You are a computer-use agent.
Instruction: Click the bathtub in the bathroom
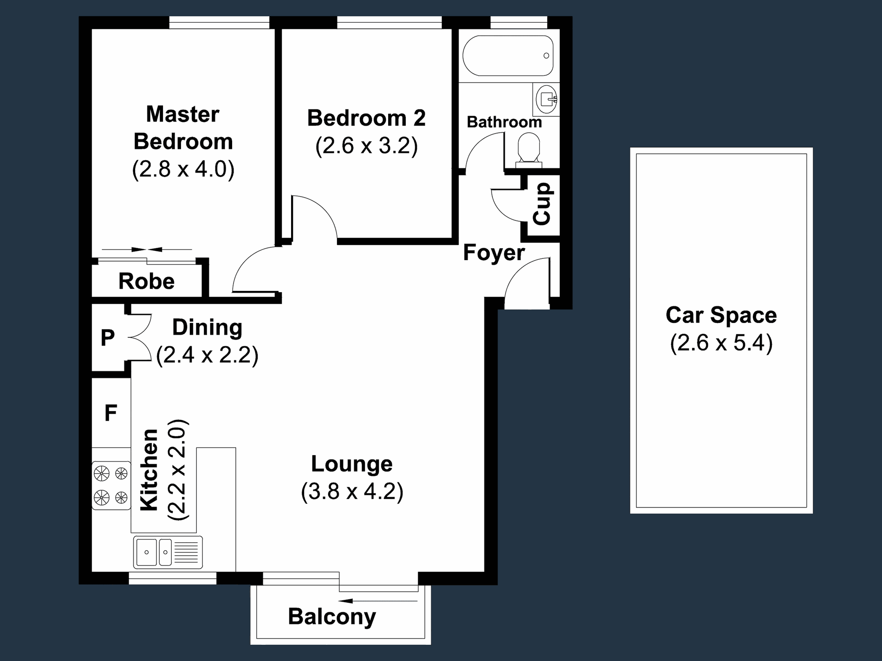[508, 56]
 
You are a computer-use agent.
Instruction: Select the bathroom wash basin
[546, 99]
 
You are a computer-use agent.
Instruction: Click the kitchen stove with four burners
[111, 486]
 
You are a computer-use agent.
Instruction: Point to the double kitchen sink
[168, 552]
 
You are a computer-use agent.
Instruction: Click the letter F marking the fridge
[110, 412]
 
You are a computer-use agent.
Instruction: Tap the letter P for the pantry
[108, 338]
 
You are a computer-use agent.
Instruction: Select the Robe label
[146, 281]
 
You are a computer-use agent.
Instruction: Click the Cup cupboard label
[542, 204]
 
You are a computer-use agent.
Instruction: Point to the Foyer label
[494, 253]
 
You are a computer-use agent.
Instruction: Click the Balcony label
[332, 617]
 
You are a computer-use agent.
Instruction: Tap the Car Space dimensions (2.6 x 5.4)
[721, 343]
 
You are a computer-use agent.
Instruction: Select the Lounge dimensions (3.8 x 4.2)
[352, 492]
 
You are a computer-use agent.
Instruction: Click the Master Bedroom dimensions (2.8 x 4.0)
[183, 169]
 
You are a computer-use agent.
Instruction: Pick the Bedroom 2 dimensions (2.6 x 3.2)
[366, 146]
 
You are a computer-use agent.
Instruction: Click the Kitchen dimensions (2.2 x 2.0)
[178, 469]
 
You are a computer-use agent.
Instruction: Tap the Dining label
[207, 328]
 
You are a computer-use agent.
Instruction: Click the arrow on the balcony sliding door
[378, 601]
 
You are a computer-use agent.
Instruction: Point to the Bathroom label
[504, 122]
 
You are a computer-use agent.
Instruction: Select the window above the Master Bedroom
[219, 22]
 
